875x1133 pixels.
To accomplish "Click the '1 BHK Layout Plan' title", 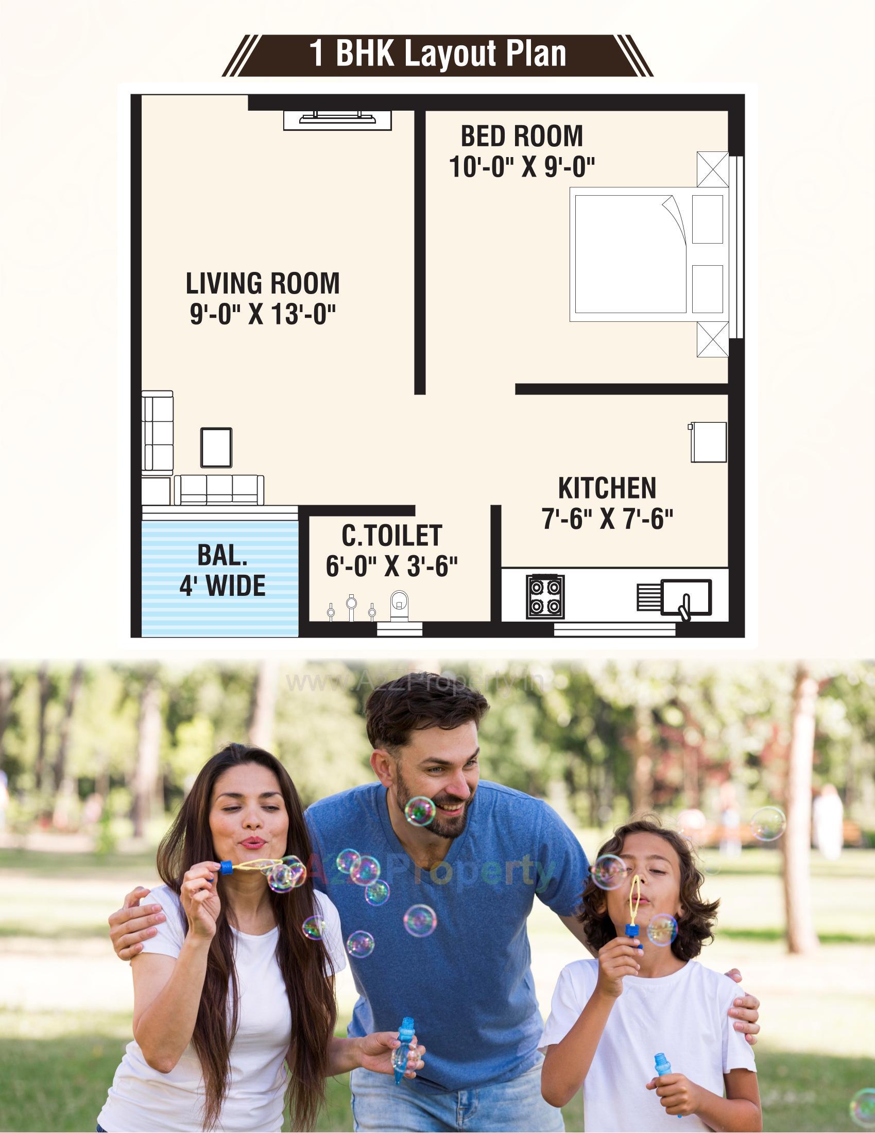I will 437,55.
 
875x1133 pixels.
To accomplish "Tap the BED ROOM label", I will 522,136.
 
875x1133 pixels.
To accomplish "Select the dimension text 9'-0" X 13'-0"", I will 263,314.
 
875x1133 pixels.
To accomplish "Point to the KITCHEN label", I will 607,488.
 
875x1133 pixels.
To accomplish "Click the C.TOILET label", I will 391,536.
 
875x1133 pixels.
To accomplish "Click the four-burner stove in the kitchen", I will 545,596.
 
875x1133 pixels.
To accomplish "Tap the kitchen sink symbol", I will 686,598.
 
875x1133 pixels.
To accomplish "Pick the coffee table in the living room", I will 216,447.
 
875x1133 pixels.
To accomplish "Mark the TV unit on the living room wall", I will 338,119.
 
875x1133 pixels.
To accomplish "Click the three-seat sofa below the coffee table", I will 219,490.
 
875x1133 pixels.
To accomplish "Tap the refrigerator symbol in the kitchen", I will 709,442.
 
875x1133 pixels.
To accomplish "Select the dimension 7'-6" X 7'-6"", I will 607,519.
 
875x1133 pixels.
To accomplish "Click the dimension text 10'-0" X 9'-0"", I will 522,167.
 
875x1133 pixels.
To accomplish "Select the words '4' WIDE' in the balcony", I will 222,586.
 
